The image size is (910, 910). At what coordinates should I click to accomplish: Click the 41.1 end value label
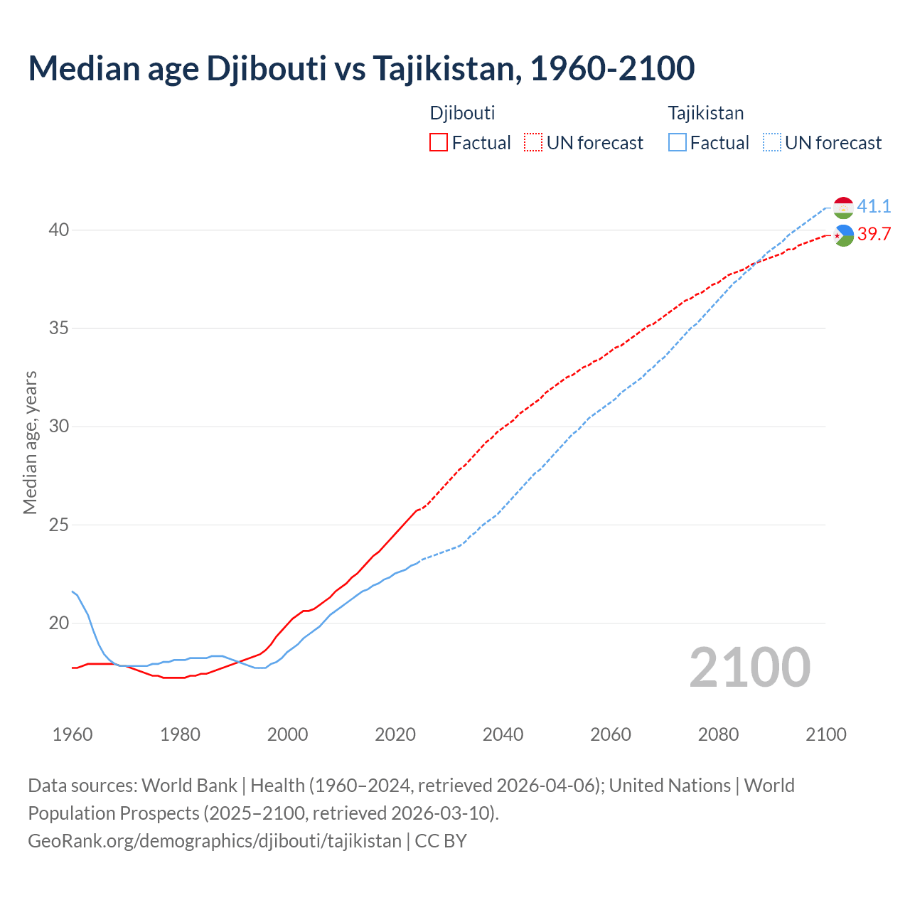coord(874,206)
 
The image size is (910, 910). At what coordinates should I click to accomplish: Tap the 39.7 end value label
coord(874,234)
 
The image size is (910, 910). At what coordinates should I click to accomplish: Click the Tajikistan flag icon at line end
coord(843,208)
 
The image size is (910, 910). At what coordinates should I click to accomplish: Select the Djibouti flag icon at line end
coord(843,235)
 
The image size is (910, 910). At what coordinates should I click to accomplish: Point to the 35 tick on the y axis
coord(59,328)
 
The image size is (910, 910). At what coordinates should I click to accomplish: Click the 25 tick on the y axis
coord(59,525)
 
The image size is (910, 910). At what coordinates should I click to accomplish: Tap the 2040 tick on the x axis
coord(503,734)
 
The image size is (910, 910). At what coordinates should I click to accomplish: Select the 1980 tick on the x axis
coord(180,734)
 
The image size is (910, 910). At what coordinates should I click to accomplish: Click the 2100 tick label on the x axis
coord(825,734)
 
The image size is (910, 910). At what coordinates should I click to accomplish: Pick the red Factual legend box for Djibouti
coord(439,142)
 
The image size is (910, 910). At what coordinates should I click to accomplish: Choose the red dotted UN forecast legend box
coord(533,142)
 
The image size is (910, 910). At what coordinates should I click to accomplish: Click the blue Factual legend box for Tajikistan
coord(678,142)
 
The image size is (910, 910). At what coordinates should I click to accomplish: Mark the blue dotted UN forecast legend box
coord(772,142)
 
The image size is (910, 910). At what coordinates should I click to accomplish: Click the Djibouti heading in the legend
coord(462,113)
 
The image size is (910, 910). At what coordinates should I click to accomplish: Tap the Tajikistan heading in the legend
coord(706,113)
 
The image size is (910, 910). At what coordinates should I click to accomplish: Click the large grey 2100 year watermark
coord(750,667)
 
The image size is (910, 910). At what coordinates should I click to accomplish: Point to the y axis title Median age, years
coord(30,442)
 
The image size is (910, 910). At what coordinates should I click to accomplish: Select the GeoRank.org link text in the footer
coord(215,840)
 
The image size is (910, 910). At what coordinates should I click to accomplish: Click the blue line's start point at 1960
coord(73,591)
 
